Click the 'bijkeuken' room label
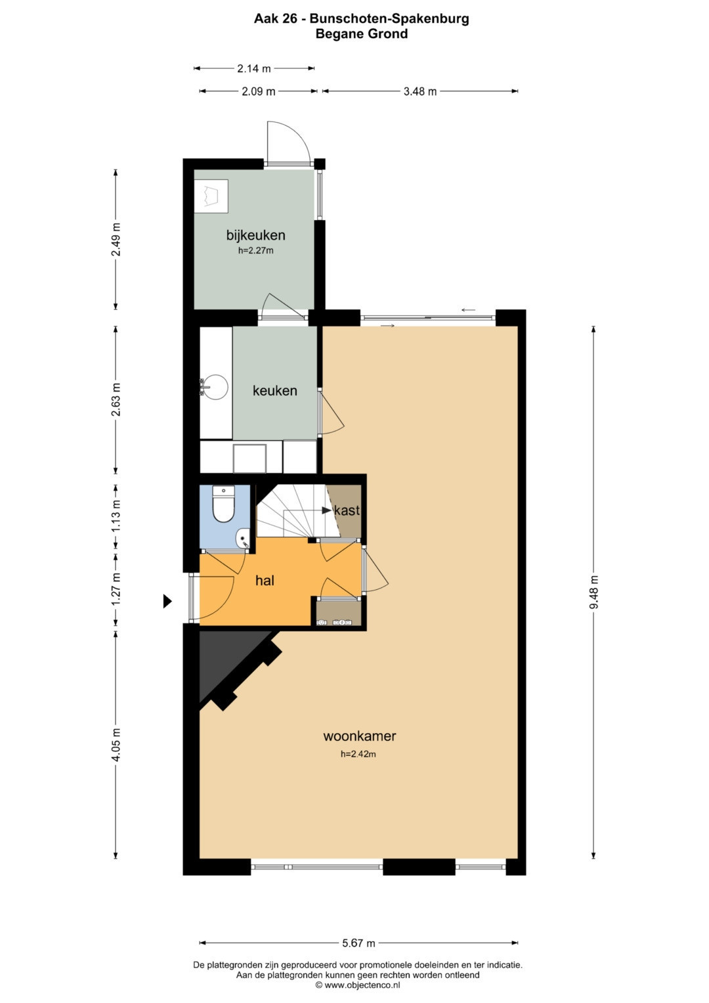(255, 235)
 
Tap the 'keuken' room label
(275, 390)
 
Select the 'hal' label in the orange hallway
(265, 581)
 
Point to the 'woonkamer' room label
(360, 736)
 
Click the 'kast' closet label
(347, 510)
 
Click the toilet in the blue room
(223, 504)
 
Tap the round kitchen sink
(215, 388)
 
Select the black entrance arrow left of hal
(167, 601)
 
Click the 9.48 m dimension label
(594, 592)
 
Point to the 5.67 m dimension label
(358, 943)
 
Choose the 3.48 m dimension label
(420, 92)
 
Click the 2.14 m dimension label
(254, 68)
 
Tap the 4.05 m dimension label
(116, 745)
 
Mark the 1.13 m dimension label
(116, 516)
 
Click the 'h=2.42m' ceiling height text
(358, 754)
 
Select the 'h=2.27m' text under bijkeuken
(255, 251)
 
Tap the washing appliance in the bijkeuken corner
(211, 196)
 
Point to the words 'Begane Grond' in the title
(362, 34)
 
